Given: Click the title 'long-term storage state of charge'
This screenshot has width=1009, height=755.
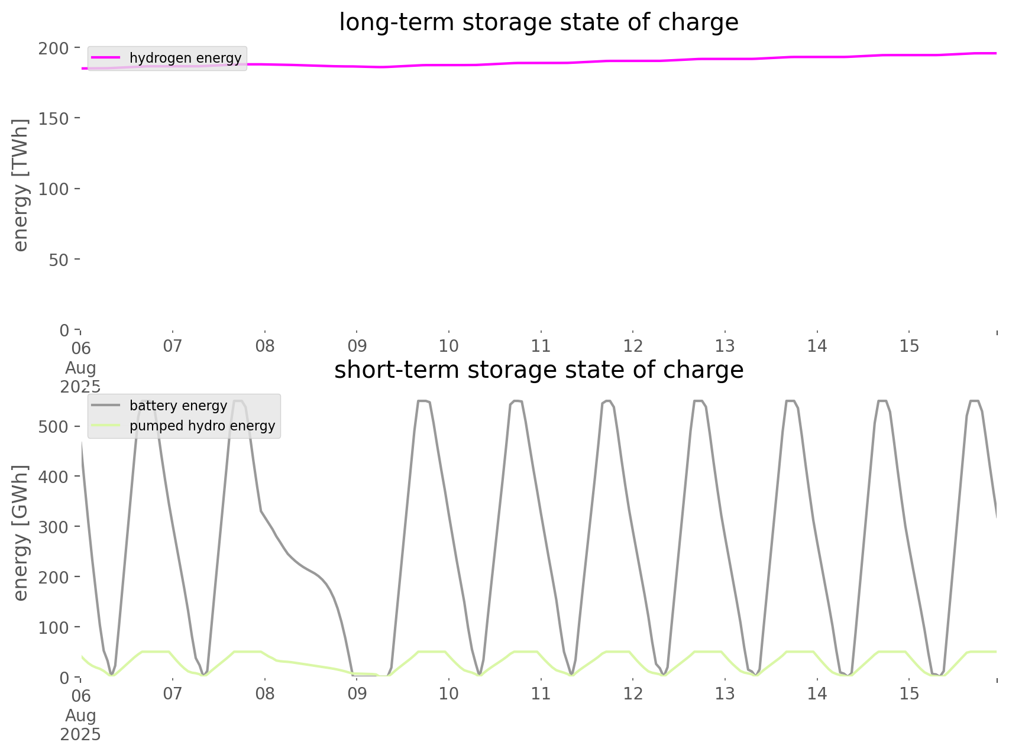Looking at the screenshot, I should tap(538, 22).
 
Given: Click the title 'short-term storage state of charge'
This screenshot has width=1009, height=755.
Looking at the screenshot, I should tap(538, 370).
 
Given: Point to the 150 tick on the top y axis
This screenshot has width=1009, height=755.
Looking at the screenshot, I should tap(54, 118).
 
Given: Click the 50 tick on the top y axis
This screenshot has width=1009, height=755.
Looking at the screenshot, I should tap(59, 260).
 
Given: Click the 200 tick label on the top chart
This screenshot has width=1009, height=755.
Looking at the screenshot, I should tap(54, 48).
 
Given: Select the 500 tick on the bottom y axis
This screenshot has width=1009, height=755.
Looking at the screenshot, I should tap(54, 427).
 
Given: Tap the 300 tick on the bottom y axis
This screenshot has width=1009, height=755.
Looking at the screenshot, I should tap(54, 527).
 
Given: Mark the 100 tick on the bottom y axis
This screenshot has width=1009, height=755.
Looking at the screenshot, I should tap(54, 627).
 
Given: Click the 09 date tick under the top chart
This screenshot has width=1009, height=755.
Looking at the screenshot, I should tap(357, 346).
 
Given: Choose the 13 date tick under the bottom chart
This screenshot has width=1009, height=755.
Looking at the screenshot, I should tap(725, 694).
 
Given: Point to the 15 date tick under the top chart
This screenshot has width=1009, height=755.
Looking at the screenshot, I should tap(909, 346).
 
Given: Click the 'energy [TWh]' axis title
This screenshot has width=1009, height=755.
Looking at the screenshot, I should tap(21, 185).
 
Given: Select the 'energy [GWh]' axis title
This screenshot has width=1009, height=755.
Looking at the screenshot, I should tap(21, 533).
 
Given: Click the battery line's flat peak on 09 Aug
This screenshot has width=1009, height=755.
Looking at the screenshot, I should tap(423, 401).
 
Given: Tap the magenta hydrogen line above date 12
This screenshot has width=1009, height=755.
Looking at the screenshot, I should tap(633, 61).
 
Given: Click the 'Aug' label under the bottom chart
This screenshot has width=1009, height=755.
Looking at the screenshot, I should tap(80, 715).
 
